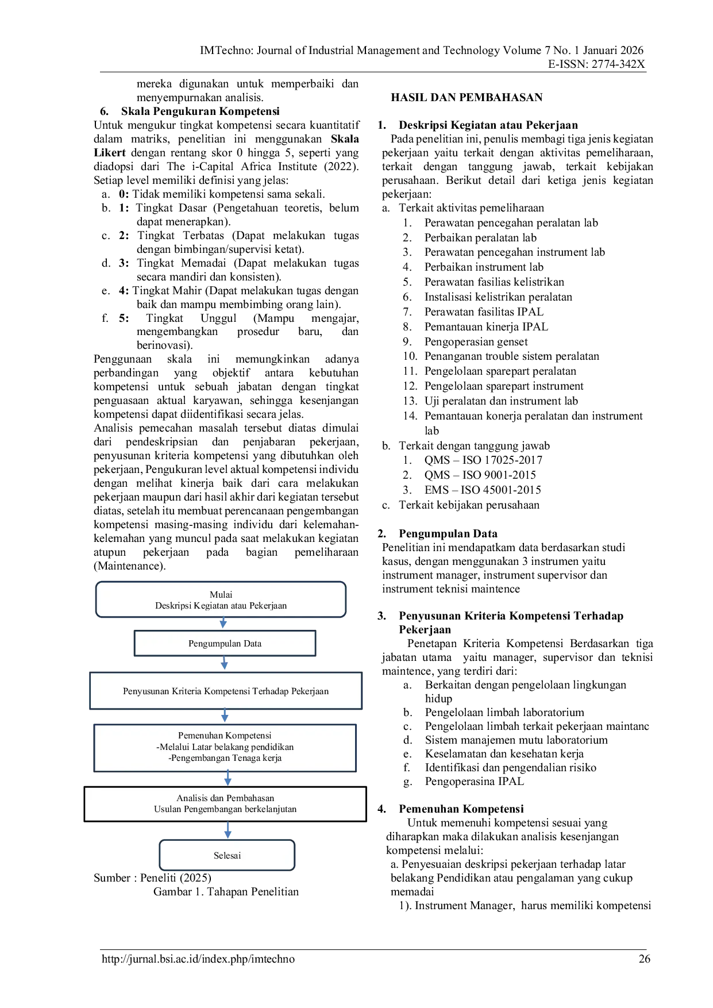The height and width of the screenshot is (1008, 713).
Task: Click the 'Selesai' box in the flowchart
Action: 227,855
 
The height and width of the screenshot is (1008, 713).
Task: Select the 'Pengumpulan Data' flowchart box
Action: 225,643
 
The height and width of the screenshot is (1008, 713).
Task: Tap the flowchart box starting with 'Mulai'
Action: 221,599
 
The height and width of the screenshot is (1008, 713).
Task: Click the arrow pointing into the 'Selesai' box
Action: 228,830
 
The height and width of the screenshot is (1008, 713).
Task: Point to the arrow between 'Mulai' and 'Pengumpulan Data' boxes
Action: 223,624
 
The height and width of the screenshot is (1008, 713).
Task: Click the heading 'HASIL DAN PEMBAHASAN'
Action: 467,98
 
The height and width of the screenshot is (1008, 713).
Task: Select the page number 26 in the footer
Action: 645,959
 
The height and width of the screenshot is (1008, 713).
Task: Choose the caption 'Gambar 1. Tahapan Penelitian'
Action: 226,892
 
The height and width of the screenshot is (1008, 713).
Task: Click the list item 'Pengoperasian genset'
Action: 476,342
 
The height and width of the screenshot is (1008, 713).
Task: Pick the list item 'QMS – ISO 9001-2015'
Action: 480,475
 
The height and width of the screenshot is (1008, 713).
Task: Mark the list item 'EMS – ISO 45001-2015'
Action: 483,490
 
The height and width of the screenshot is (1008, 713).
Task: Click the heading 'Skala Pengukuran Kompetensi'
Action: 200,111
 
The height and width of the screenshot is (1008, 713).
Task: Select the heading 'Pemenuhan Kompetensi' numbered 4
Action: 461,809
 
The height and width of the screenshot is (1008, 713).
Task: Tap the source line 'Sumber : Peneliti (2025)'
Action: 152,878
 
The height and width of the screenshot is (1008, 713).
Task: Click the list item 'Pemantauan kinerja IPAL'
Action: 486,327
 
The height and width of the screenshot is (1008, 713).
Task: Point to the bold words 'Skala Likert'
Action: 226,146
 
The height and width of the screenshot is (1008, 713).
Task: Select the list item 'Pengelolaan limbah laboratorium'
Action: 504,713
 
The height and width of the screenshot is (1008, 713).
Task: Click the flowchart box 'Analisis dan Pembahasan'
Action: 225,804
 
